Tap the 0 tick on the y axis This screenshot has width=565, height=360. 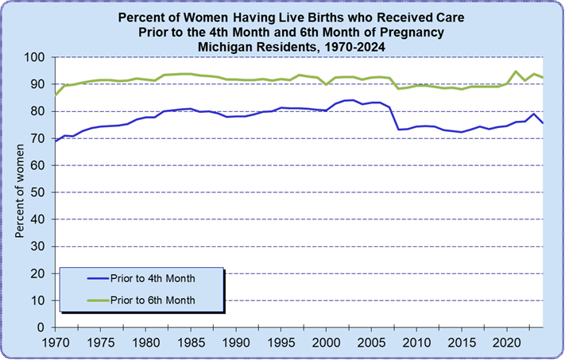(45, 327)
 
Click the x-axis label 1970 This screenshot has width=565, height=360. (55, 343)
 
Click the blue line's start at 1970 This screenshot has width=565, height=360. (55, 141)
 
